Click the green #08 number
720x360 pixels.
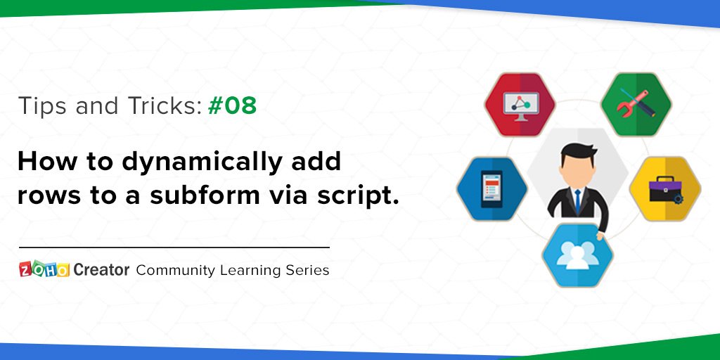click(x=232, y=106)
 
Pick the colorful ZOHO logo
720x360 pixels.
click(x=44, y=269)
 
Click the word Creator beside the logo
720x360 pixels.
click(x=101, y=270)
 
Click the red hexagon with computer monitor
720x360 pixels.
click(x=520, y=105)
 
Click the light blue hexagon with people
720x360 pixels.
click(x=578, y=255)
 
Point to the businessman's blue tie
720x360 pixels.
click(x=577, y=200)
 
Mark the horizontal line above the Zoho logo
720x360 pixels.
click(x=174, y=247)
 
